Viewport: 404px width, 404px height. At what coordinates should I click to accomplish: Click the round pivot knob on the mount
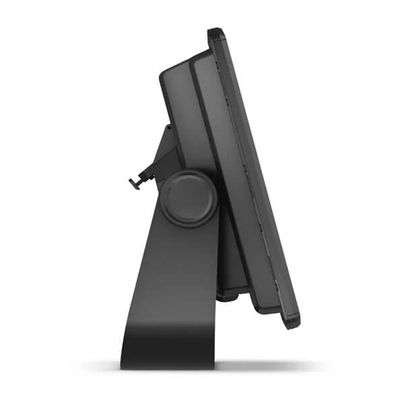(189, 198)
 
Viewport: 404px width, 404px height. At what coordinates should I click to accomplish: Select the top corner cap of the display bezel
(215, 32)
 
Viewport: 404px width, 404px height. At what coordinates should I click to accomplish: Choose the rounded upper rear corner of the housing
(166, 73)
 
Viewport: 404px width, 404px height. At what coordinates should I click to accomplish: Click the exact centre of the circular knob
(189, 198)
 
